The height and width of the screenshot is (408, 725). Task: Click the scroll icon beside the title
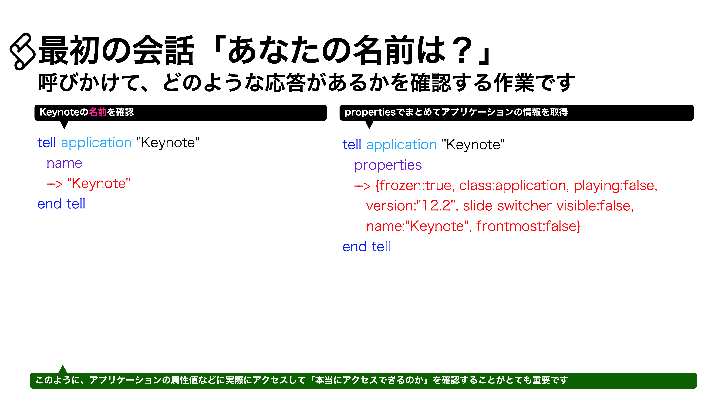[x=22, y=52]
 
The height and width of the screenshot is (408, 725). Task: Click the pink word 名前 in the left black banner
[x=97, y=112]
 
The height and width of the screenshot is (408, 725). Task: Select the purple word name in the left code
[x=64, y=163]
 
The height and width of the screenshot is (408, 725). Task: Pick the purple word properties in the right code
[x=388, y=165]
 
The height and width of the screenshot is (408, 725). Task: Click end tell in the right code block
[x=366, y=247]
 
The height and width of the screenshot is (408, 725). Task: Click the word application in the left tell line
[x=96, y=143]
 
